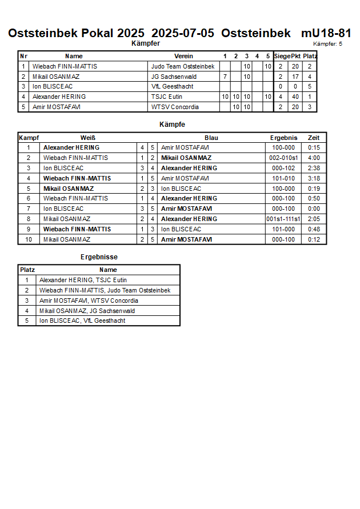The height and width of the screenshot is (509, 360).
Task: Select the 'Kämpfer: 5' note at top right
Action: [327, 44]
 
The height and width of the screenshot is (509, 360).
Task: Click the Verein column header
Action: [183, 56]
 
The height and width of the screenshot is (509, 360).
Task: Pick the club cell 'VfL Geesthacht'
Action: [172, 87]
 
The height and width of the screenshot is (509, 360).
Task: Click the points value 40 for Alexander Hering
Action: [295, 97]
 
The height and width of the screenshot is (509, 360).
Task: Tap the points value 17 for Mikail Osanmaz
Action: [295, 77]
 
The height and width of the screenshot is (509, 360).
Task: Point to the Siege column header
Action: [281, 56]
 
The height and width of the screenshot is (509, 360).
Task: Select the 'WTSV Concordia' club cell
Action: [175, 107]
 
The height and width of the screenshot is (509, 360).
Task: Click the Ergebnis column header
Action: [283, 138]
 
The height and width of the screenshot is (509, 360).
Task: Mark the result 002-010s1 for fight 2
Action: [283, 158]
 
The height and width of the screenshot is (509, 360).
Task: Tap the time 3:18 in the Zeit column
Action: [314, 178]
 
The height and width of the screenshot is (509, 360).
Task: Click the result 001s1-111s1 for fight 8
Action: [283, 219]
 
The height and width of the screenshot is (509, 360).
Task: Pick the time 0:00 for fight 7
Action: [314, 209]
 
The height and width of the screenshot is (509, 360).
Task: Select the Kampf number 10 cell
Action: [28, 239]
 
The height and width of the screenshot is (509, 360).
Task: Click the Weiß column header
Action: [87, 138]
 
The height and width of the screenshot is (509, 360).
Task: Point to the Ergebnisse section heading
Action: [99, 257]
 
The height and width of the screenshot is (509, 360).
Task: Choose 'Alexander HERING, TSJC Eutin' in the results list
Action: [83, 280]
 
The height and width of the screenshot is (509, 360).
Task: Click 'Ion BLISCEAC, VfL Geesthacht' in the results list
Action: [82, 320]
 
